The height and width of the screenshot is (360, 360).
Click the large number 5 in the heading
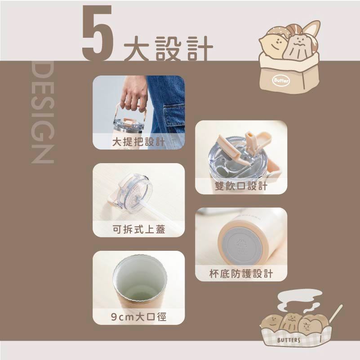[x=98, y=33]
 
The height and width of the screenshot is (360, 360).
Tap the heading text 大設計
[x=169, y=49]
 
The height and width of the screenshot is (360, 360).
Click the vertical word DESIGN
[x=43, y=112]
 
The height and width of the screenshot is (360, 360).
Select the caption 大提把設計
[x=138, y=142]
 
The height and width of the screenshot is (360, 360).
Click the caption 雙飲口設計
[x=241, y=186]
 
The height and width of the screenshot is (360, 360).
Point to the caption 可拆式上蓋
[x=138, y=229]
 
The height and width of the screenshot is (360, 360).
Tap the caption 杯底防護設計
[x=241, y=273]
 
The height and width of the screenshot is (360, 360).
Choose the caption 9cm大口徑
[x=138, y=317]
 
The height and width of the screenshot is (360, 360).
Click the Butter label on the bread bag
[x=281, y=80]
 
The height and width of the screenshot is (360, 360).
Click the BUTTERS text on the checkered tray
[x=289, y=340]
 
